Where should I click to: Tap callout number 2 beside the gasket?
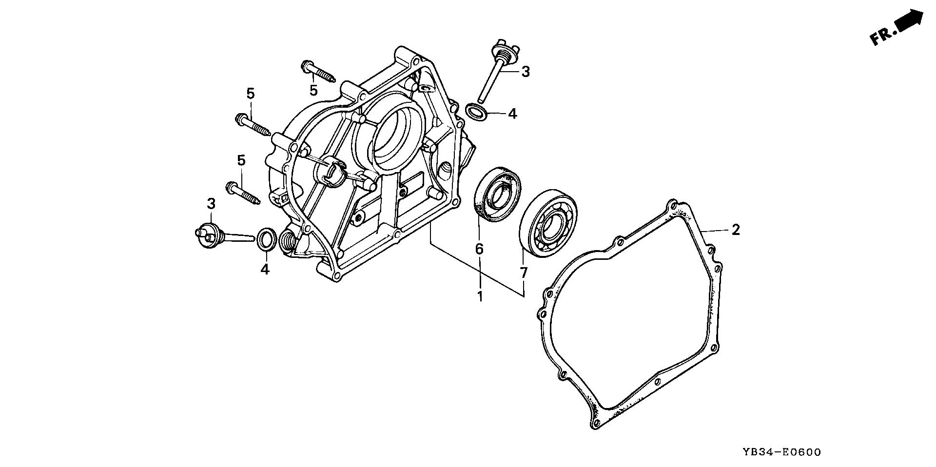(736, 230)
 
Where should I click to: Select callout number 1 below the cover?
(480, 295)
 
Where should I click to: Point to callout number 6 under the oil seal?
(479, 250)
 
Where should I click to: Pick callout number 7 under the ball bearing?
(524, 272)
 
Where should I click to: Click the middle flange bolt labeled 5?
(252, 124)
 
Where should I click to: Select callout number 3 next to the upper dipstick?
(525, 72)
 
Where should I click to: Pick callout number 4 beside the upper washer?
(512, 114)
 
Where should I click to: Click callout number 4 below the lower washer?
(265, 269)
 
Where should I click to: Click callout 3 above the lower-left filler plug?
(211, 204)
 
